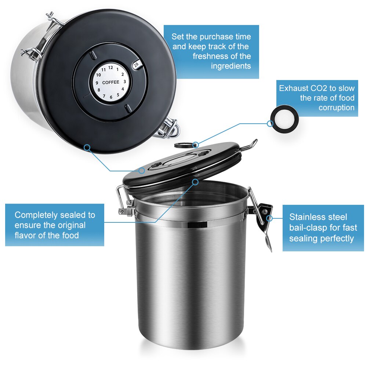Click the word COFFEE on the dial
110,82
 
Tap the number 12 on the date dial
110,67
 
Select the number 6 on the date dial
111,97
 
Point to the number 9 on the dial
97,83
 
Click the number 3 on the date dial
125,82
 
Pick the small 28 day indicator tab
136,65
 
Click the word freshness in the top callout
211,56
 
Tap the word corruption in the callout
336,108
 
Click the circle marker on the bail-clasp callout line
270,218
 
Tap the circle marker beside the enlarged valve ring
270,123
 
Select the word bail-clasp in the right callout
308,228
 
